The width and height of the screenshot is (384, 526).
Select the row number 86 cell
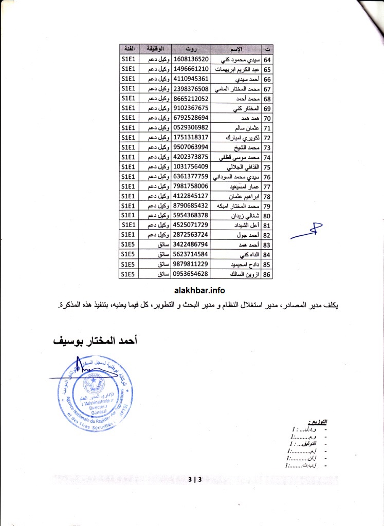(267, 274)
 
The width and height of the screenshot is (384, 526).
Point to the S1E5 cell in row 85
(128, 264)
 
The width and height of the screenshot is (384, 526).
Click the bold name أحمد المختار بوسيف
(93, 341)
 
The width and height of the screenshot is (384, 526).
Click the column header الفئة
(128, 50)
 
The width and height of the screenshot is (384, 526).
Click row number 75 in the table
(267, 167)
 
